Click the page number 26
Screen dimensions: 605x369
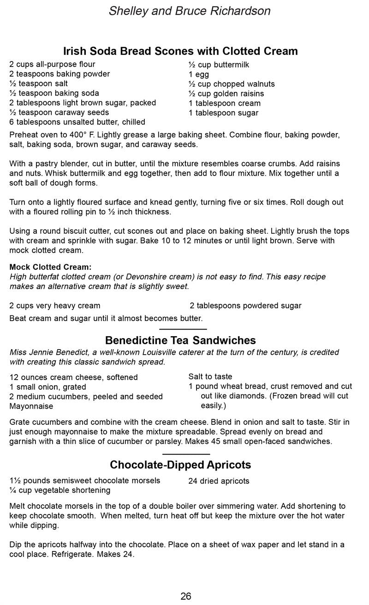(186, 596)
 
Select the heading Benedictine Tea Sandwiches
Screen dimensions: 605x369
(180, 340)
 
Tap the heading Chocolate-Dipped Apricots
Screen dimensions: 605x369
(180, 465)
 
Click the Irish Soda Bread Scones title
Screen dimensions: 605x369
(180, 51)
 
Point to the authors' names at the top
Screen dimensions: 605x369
(190, 11)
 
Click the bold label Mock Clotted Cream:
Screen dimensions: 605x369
(50, 267)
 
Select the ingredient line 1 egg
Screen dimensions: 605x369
(199, 74)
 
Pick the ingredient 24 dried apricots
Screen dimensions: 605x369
(219, 481)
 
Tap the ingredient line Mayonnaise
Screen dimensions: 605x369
(31, 406)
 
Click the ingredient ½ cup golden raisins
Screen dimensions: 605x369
(226, 94)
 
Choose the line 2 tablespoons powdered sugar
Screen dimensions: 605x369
(245, 306)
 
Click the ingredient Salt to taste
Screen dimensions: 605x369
(210, 377)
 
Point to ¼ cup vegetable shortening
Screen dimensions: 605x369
(60, 490)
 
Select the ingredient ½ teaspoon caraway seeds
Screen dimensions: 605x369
(59, 112)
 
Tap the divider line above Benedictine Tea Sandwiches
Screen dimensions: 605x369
(183, 329)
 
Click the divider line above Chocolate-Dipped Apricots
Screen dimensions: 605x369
(186, 454)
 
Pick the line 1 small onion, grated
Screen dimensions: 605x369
(48, 387)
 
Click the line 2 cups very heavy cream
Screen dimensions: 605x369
(54, 306)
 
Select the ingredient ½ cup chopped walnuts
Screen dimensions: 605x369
(232, 84)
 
